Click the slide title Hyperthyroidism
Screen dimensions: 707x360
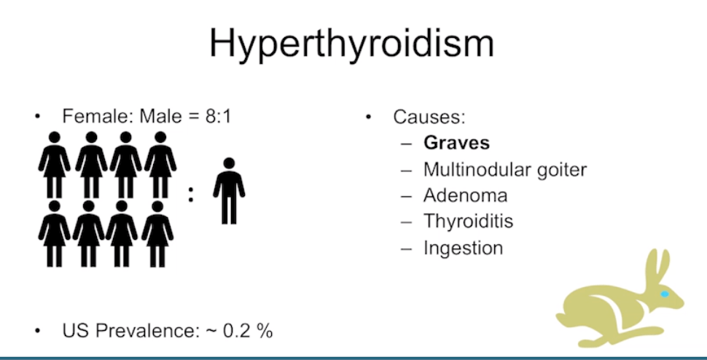[x=352, y=44]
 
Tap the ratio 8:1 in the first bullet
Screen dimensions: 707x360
[x=218, y=117]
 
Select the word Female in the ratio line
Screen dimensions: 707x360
[x=95, y=117]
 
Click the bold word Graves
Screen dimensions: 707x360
[x=456, y=143]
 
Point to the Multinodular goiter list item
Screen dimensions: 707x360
[x=505, y=170]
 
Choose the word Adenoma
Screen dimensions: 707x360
[x=465, y=195]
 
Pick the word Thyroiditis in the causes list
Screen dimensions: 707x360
[x=468, y=222]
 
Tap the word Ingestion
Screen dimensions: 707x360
[x=463, y=249]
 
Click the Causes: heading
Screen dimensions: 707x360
[x=429, y=117]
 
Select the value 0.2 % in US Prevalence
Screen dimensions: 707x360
[x=248, y=331]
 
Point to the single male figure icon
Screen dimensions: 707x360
[x=229, y=191]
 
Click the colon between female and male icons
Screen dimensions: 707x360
[x=191, y=194]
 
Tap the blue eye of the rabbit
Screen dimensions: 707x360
[x=665, y=294]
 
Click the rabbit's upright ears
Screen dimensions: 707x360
[x=658, y=265]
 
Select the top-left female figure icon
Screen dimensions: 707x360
[x=54, y=165]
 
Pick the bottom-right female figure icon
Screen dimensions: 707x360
[x=157, y=234]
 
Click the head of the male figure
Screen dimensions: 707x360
[x=229, y=163]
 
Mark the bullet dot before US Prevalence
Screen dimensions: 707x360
[x=37, y=331]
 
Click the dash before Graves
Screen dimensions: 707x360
[x=406, y=144]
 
